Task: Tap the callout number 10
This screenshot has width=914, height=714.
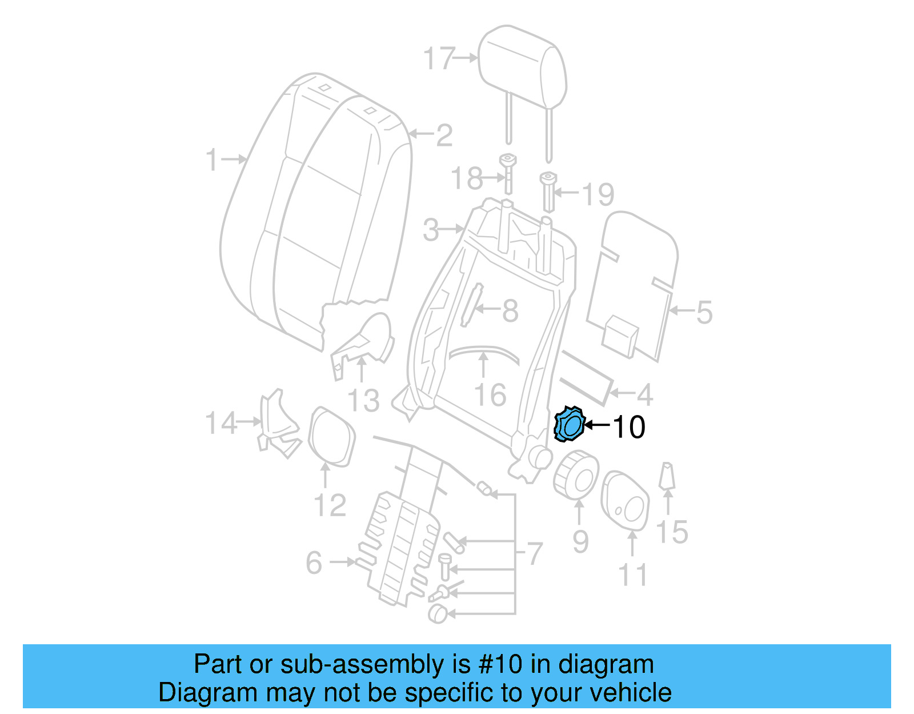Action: tap(628, 427)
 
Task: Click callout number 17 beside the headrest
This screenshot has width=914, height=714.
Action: tap(439, 59)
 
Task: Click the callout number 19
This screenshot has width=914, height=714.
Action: tap(598, 194)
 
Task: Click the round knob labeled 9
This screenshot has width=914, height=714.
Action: tap(576, 474)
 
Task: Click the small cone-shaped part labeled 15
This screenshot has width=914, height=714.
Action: tap(667, 476)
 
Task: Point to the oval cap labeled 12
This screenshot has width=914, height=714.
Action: tap(331, 436)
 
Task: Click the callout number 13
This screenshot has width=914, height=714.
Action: tap(363, 400)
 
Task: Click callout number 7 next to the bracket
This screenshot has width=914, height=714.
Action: tap(534, 553)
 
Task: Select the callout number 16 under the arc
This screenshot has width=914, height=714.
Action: tap(490, 395)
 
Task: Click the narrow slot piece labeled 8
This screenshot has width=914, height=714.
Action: tap(471, 306)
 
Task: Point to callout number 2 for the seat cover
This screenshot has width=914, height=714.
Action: tap(444, 135)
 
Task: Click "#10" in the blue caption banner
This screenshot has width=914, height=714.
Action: tap(500, 664)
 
